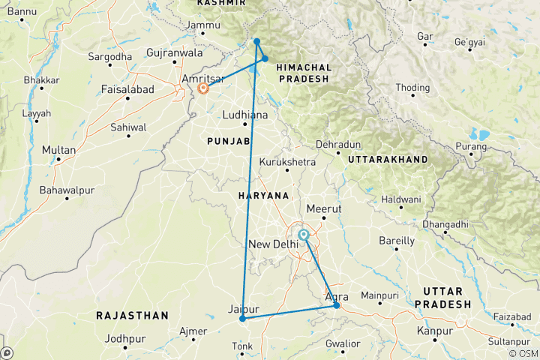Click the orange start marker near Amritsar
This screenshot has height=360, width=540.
click(x=202, y=88)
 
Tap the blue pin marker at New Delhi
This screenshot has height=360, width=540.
click(x=304, y=235)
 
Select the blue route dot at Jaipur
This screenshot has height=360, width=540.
click(x=242, y=319)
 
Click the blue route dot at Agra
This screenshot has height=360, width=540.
click(x=337, y=304)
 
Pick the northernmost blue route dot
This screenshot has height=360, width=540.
click(x=256, y=41)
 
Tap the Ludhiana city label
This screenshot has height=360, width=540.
click(x=245, y=115)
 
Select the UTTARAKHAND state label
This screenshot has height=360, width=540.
click(x=387, y=160)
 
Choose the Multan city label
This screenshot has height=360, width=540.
click(x=58, y=150)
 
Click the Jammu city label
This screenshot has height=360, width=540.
click(x=202, y=26)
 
